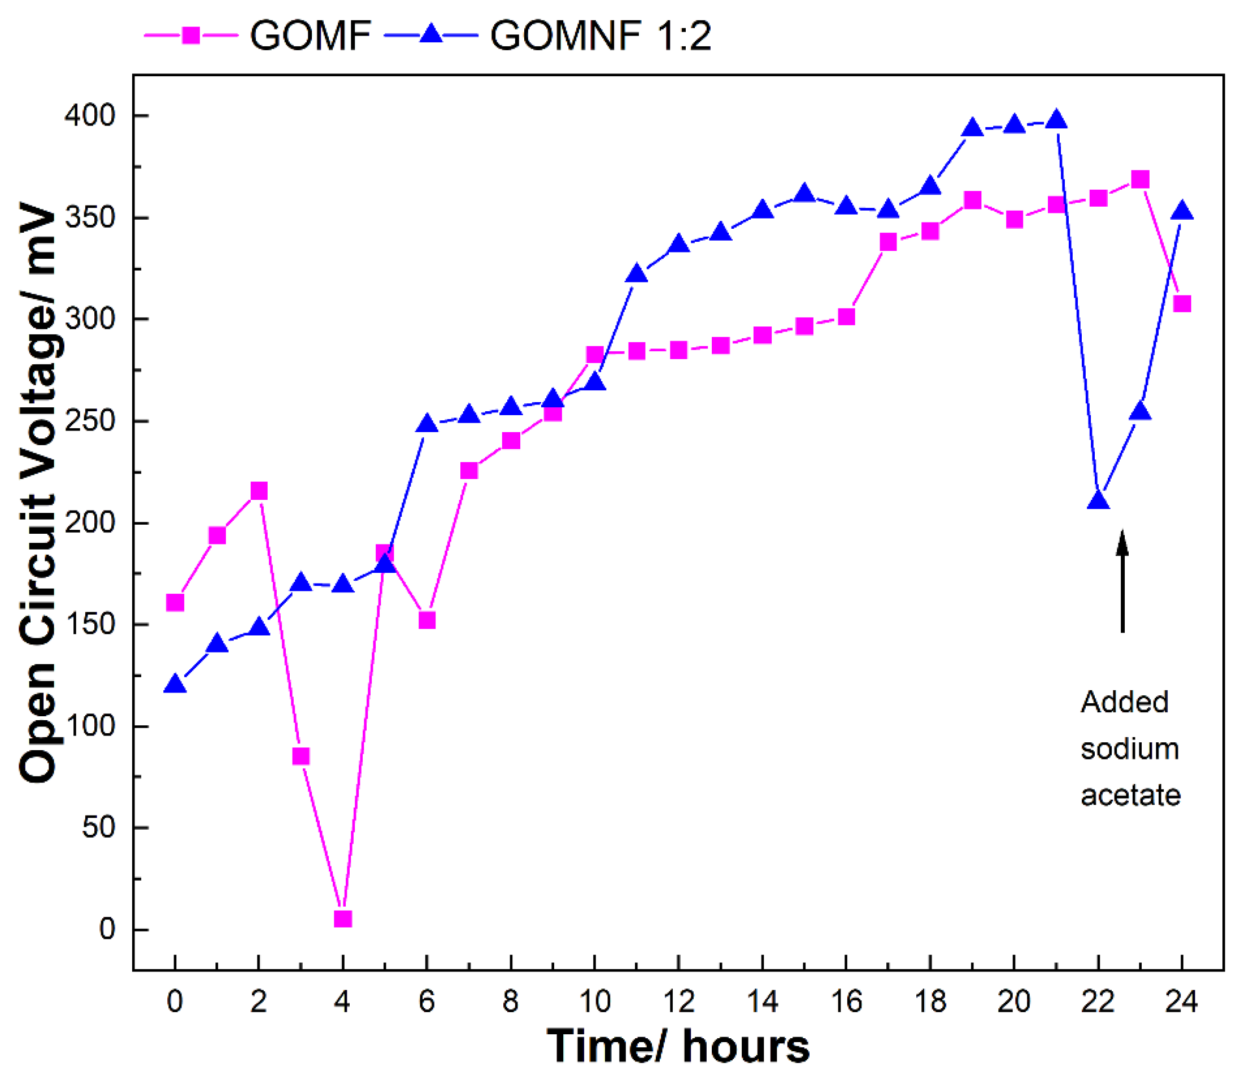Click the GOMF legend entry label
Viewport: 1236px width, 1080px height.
310,36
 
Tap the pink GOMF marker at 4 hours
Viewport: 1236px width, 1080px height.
342,918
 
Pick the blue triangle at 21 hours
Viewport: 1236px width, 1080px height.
1056,120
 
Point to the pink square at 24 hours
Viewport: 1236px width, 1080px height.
1182,304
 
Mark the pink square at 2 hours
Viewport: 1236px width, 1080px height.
259,491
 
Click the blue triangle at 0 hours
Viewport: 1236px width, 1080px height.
175,685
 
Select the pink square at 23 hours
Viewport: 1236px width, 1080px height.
1139,180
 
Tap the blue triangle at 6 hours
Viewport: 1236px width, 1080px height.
426,424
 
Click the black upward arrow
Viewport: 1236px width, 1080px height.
1122,582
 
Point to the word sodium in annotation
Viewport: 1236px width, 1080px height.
1129,749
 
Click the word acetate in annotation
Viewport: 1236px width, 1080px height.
1130,795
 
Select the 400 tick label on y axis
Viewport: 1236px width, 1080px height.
90,116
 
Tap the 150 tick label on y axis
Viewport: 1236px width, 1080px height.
90,624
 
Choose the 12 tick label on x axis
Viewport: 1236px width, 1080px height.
678,1001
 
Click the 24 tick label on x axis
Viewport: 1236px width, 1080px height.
1181,1001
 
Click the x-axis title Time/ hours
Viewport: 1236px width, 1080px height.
678,1047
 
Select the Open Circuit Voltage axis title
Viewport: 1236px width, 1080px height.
37,491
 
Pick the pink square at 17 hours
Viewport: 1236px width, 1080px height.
887,242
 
